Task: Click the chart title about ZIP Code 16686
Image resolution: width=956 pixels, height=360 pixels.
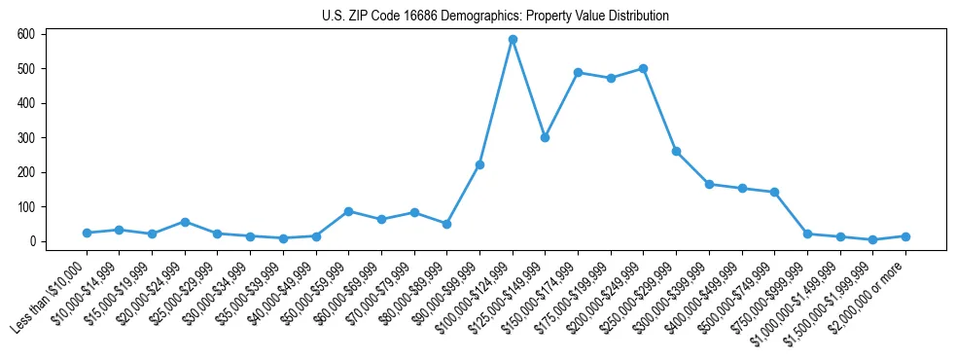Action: [495, 17]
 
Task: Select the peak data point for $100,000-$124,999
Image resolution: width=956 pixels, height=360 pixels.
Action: [513, 40]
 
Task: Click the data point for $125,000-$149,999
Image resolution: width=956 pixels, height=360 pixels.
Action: [545, 137]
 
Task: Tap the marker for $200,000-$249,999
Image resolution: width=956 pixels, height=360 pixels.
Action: [644, 69]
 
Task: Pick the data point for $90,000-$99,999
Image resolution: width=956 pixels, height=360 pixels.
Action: [479, 164]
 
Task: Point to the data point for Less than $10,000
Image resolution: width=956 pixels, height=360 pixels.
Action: [87, 233]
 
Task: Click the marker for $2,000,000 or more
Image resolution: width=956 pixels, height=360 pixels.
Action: [905, 236]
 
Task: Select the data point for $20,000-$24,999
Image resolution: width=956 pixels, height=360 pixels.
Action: [185, 222]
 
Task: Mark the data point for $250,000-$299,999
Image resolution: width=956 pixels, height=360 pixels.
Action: [676, 152]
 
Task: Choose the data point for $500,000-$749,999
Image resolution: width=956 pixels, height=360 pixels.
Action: [774, 193]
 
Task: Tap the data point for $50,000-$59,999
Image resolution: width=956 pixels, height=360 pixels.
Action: [348, 211]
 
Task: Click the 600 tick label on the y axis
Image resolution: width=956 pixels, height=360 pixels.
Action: [26, 34]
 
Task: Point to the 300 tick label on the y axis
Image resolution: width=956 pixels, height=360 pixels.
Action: [26, 138]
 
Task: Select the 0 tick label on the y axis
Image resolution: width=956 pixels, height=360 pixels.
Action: [32, 241]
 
